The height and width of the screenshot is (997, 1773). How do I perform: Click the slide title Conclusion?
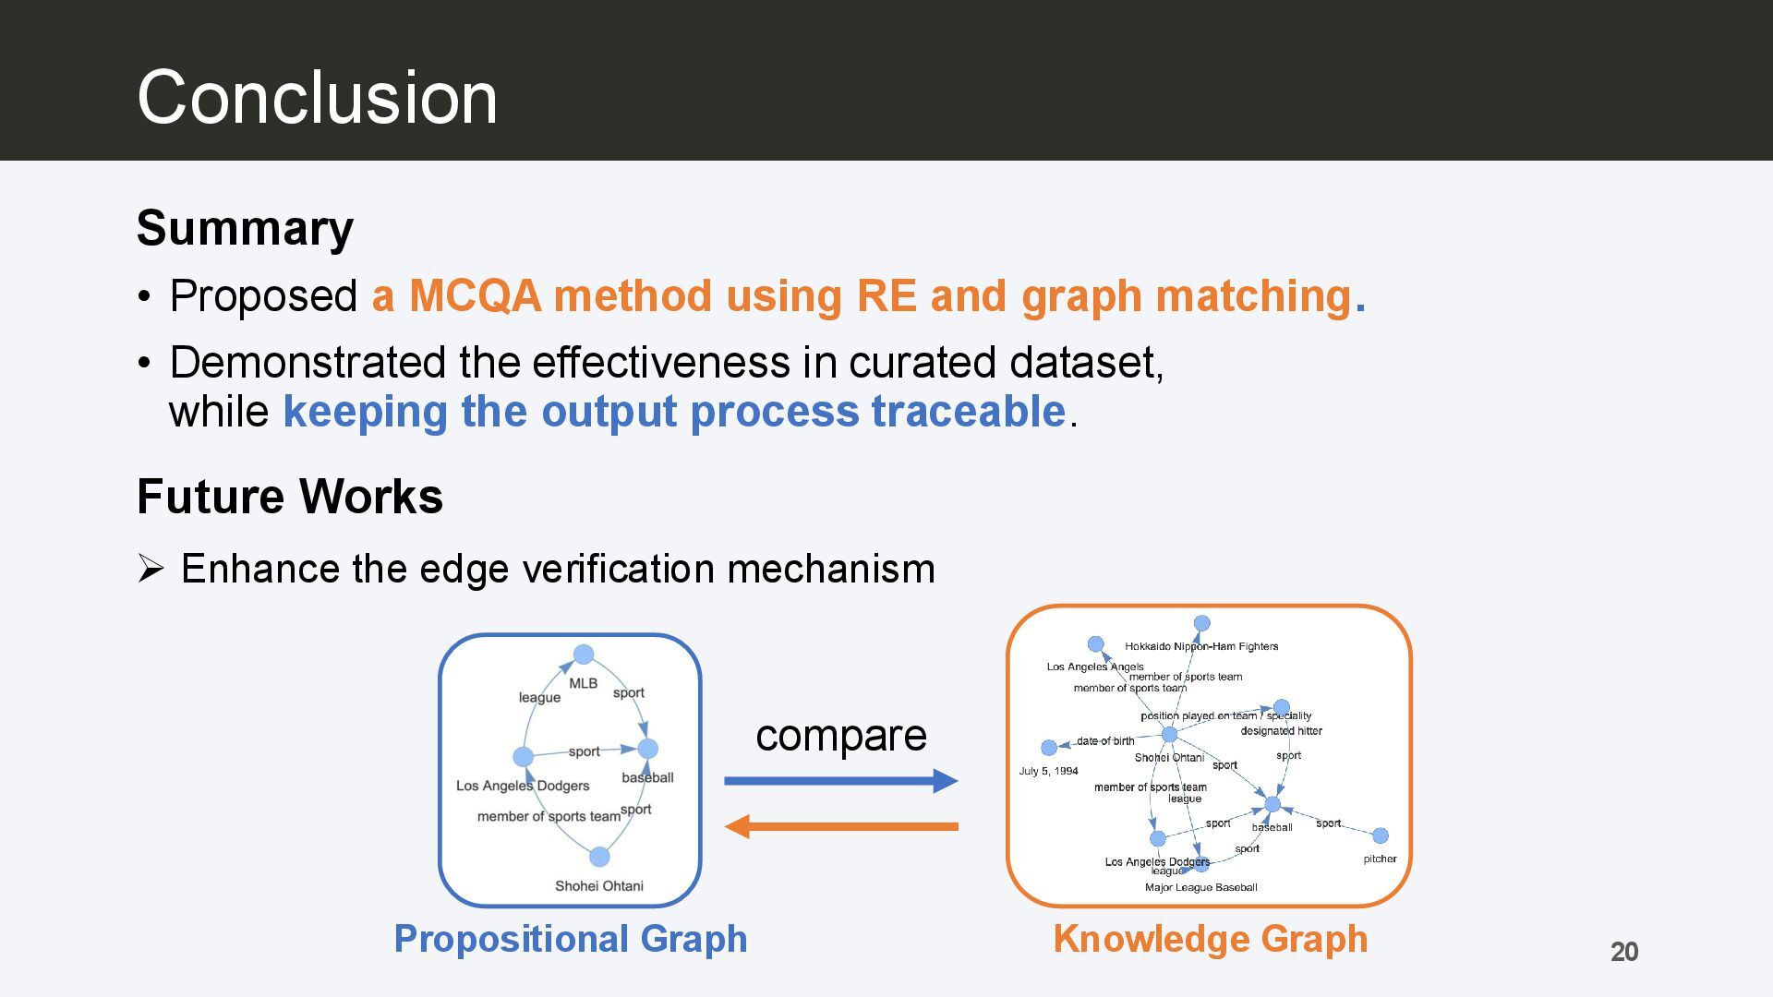317,97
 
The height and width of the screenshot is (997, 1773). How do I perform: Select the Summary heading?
245,228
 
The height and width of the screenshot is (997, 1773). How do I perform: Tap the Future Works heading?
290,497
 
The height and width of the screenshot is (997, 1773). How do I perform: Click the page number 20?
1624,952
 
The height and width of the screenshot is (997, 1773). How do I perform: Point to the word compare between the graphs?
841,735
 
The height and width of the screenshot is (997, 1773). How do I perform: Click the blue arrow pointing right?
841,781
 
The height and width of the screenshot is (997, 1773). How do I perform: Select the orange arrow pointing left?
841,826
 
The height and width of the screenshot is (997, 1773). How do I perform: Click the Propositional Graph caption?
571,939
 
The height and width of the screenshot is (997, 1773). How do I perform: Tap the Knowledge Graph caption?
1211,939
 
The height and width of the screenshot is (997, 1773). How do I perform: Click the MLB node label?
584,683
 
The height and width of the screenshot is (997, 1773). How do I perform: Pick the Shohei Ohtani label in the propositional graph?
599,885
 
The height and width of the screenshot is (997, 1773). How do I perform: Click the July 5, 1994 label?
1048,771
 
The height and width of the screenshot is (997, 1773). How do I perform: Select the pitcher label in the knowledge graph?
1380,859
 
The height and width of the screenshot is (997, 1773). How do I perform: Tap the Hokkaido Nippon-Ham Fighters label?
1201,646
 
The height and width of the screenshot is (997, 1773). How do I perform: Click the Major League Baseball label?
1201,887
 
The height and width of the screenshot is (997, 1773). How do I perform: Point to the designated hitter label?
1281,730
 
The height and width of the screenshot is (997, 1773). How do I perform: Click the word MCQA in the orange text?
475,296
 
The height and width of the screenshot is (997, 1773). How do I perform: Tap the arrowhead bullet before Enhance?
151,569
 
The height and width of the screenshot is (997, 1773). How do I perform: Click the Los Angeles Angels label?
1095,667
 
